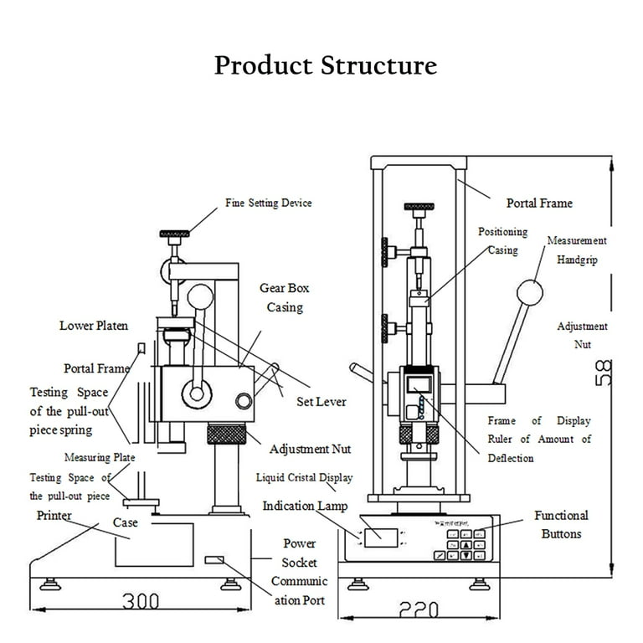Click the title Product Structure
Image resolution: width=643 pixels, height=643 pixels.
[325, 65]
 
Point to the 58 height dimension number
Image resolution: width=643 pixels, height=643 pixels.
[604, 373]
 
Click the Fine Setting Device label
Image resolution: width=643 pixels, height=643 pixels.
[268, 203]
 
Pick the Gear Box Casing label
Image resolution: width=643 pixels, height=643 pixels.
[285, 297]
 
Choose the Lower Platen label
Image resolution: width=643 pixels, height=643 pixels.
[94, 325]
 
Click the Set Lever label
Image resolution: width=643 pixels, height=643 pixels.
[321, 402]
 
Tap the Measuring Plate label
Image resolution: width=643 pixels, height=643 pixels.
[100, 458]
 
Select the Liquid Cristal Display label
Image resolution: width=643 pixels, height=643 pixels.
[304, 478]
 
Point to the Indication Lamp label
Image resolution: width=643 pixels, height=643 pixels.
[305, 507]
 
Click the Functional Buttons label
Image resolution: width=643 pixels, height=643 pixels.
[561, 525]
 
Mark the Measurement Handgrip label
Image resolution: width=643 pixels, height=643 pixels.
[577, 249]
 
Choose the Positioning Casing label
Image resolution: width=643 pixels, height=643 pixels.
[502, 240]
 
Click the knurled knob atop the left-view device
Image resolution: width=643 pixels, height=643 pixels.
[175, 232]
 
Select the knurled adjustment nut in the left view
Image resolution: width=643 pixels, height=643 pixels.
[226, 435]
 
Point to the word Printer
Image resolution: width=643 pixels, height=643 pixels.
[54, 516]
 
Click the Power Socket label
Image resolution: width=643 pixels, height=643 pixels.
[299, 553]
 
